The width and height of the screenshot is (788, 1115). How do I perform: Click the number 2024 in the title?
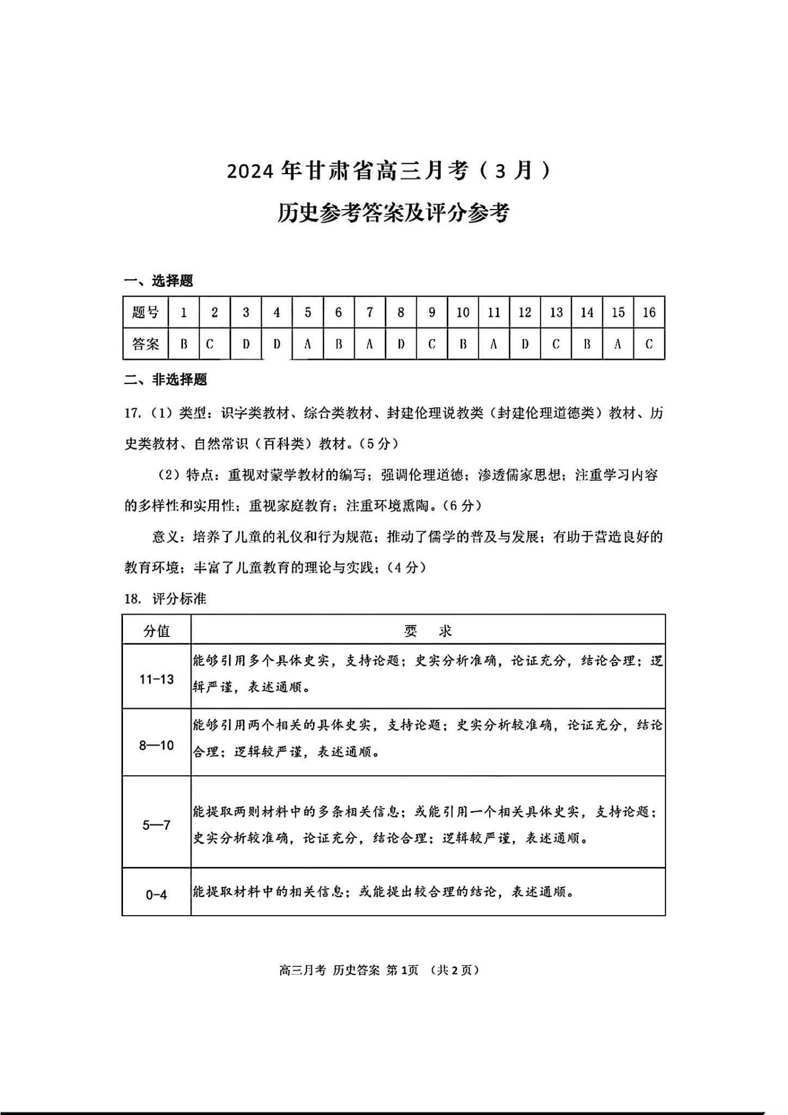[249, 171]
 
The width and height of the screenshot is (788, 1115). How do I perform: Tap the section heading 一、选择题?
[158, 281]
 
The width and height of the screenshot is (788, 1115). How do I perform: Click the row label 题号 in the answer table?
[145, 313]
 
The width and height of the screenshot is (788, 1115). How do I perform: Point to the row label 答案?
[145, 344]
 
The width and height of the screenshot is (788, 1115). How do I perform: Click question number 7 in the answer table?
[370, 313]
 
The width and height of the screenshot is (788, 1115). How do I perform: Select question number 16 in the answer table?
[649, 313]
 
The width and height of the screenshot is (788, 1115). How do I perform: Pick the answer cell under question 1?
[184, 344]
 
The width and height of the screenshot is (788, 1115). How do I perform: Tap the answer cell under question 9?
[432, 344]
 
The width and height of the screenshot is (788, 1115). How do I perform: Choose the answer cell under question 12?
[525, 344]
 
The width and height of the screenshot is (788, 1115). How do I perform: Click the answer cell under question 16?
[649, 344]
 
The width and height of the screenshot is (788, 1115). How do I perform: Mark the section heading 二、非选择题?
[165, 379]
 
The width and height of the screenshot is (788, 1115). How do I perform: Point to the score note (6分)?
[462, 506]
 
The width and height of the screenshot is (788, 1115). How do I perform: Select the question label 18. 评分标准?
[165, 599]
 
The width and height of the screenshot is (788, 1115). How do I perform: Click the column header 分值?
[157, 630]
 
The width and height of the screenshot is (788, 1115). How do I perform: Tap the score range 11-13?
[157, 679]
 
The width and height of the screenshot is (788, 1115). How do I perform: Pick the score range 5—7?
[157, 825]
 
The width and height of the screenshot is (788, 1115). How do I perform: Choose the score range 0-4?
[157, 895]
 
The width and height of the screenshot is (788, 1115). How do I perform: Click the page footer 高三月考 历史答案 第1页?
[348, 970]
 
